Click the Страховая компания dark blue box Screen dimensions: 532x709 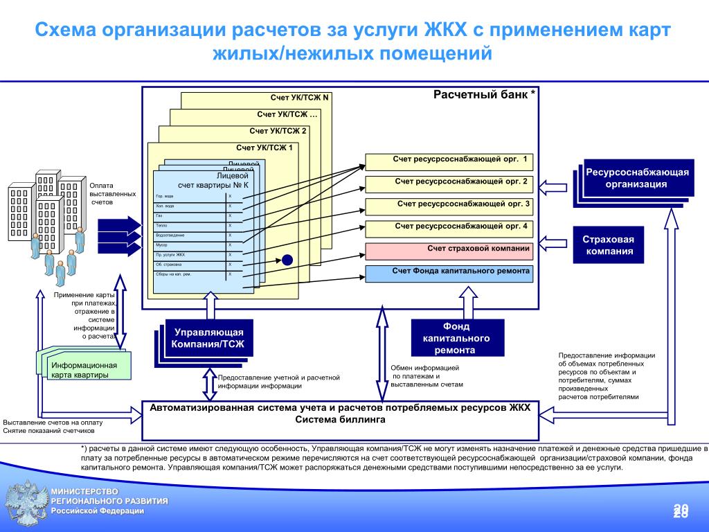click(x=608, y=245)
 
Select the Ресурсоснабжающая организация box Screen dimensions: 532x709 click(x=637, y=178)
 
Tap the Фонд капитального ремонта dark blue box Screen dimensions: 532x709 click(x=457, y=338)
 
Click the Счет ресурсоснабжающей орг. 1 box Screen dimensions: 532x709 click(x=449, y=162)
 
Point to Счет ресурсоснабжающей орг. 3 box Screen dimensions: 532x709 click(x=449, y=206)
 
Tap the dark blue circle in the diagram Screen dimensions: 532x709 click(x=288, y=260)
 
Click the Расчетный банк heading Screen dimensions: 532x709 click(x=484, y=94)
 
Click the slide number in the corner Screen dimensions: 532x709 click(x=681, y=511)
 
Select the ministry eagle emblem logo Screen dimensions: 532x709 click(x=24, y=502)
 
